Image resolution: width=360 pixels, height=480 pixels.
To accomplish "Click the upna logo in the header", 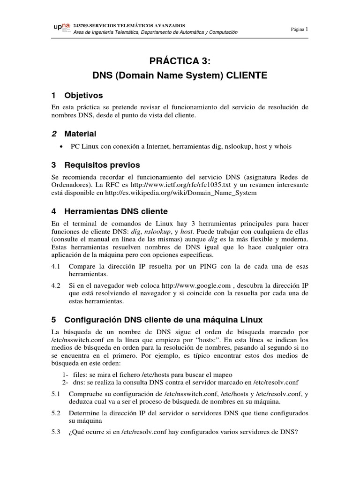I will coord(62,29).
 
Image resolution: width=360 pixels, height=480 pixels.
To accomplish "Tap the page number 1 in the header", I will coord(307,29).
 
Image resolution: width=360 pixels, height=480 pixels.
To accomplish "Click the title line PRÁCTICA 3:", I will coord(180,61).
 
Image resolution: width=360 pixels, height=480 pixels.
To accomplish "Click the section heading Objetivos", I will coord(82,95).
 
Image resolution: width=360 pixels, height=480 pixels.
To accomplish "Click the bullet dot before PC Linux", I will coord(62,147).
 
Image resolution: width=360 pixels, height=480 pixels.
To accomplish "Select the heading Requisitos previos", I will coord(102,165).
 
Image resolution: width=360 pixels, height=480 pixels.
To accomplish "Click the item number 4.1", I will coord(56,266).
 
